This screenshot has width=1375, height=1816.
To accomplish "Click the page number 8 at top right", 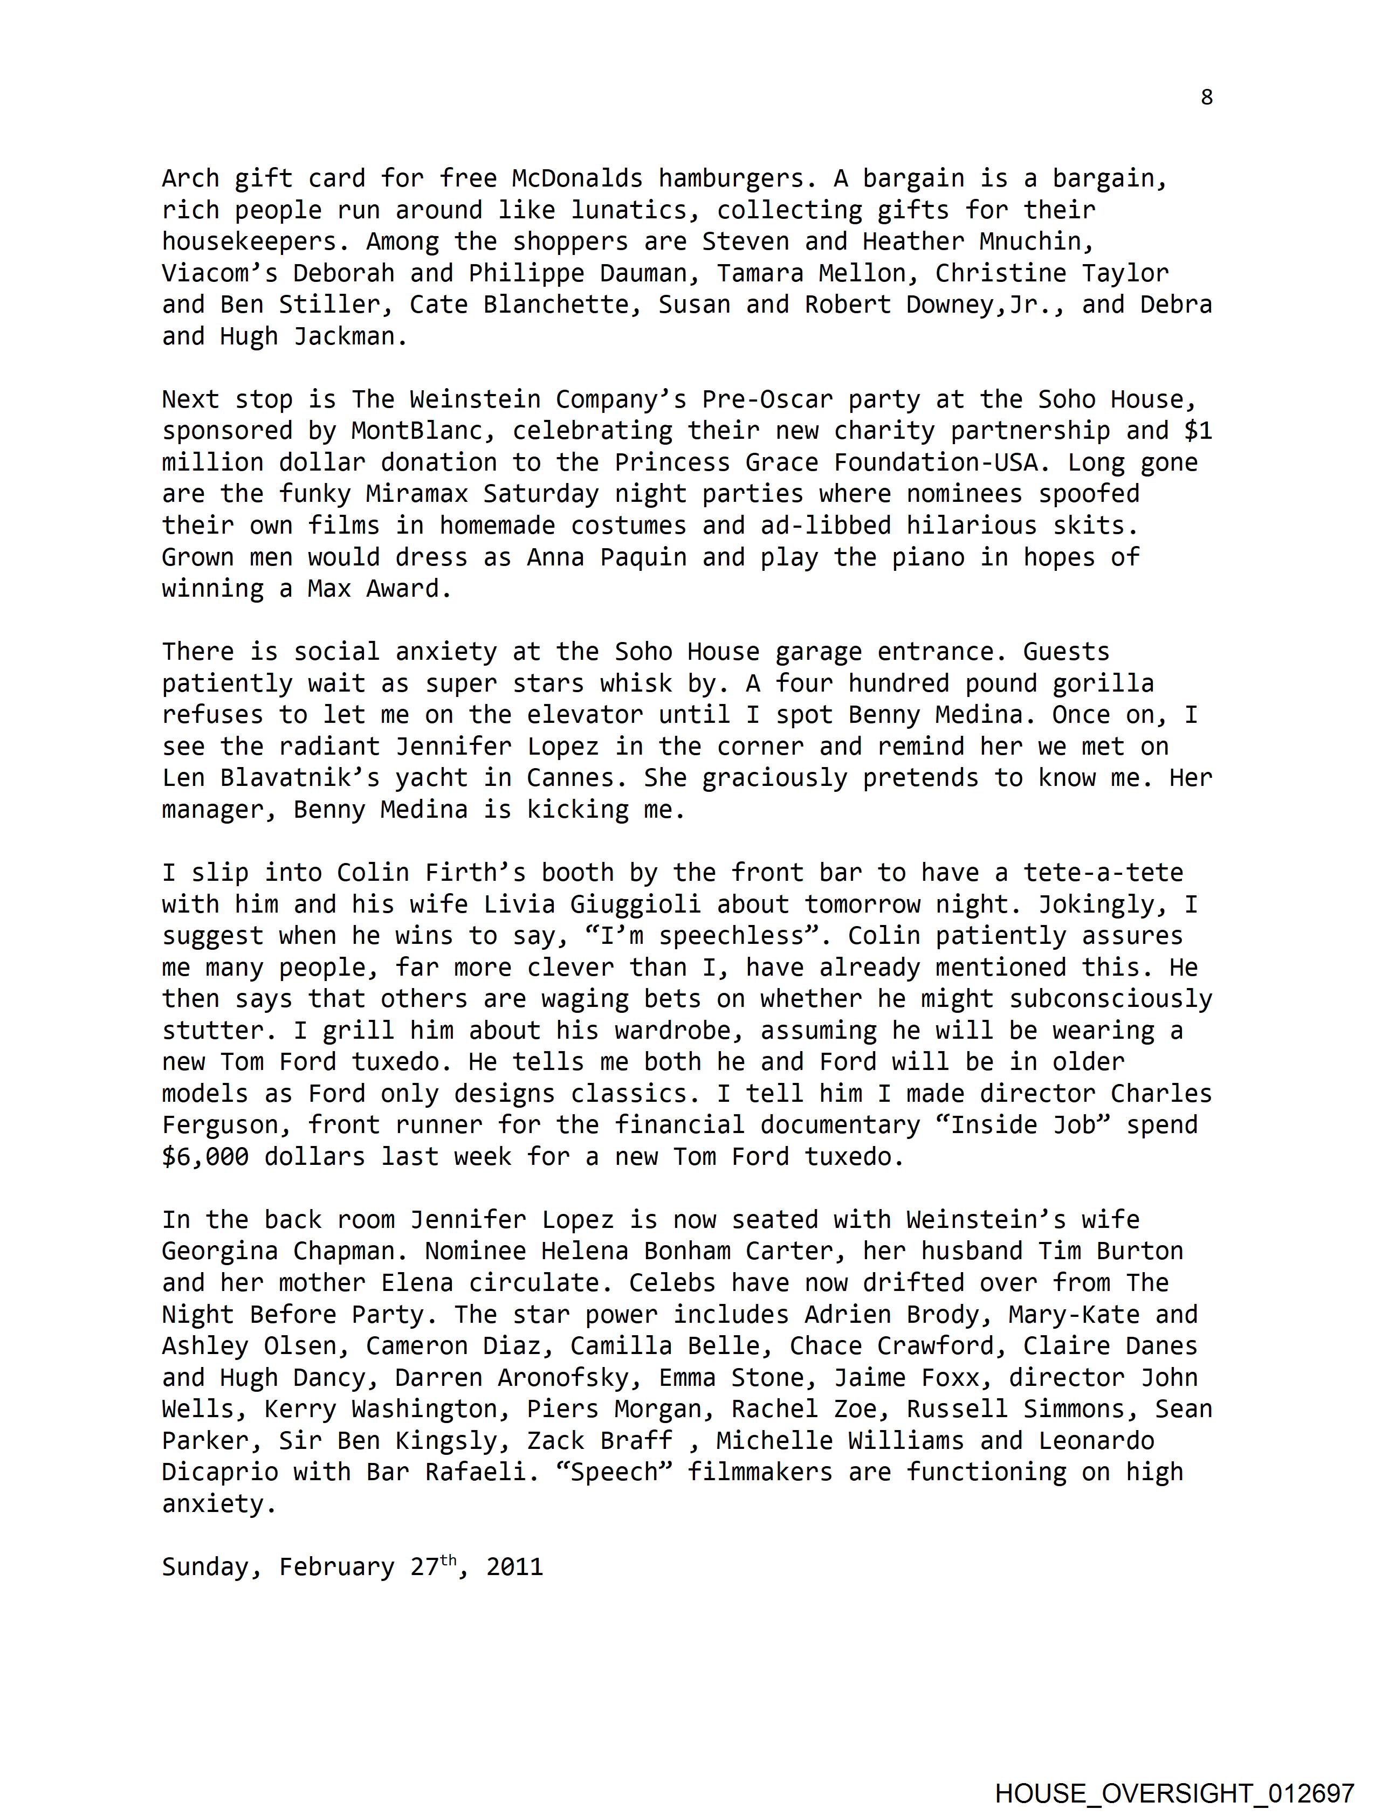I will click(x=1206, y=98).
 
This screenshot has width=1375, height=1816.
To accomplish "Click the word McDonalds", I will click(x=576, y=178).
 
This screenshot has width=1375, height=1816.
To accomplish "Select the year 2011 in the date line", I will click(x=514, y=1568).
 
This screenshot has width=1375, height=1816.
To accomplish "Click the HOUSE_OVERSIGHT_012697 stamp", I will click(x=1174, y=1793).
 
